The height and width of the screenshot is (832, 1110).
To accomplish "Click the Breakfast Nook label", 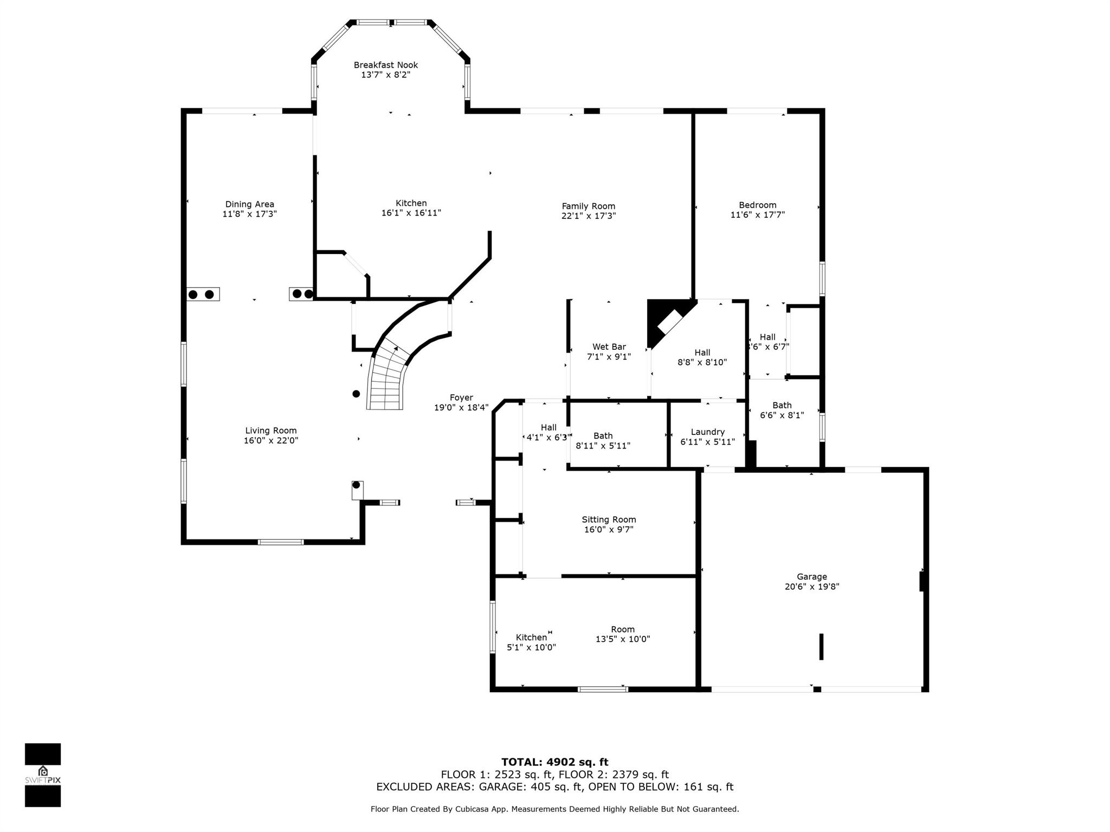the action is pos(386,65).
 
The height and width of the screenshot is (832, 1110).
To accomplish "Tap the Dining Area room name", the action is pos(250,204).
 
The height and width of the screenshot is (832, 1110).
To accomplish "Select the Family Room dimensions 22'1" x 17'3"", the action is pos(589,216).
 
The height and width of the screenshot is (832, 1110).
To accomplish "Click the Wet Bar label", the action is pos(609,347).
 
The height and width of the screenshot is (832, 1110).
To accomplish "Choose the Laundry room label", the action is pos(708,432).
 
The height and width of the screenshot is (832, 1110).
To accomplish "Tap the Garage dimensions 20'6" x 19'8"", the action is pos(812,586).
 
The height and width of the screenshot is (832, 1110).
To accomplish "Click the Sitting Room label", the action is pos(609,519).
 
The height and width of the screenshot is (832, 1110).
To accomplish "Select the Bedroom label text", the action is pos(758,205).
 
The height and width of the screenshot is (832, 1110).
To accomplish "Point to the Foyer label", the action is pos(461,398).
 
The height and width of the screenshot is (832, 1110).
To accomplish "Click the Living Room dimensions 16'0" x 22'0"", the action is pos(271,440).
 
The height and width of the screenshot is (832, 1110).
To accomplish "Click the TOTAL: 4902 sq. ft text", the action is pos(555,762).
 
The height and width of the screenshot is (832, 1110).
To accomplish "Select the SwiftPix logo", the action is pos(43,775).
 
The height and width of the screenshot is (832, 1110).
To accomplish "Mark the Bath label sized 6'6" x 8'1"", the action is pos(782,405).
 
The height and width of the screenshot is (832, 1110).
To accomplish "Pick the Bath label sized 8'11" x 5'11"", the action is pos(603,435).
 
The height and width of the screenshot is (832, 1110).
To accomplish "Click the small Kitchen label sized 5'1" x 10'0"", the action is pos(531,638).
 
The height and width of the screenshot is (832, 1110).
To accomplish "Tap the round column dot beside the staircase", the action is pos(356,394).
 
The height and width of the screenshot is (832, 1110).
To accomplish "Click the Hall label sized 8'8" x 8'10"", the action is pos(702,353).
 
